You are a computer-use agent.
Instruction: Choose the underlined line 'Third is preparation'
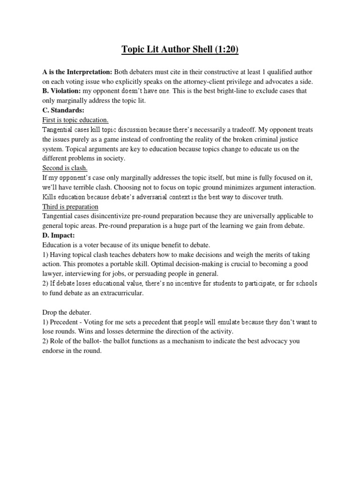(x=70, y=207)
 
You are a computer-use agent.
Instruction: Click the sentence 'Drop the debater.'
(x=67, y=313)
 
